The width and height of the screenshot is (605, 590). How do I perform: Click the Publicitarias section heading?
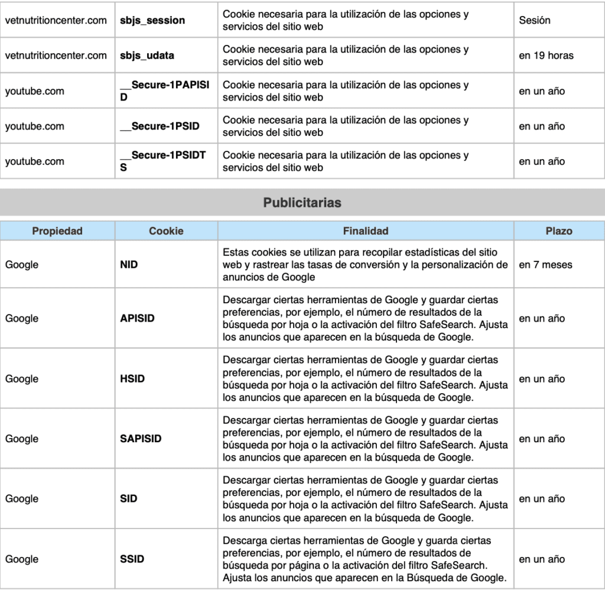pos(302,203)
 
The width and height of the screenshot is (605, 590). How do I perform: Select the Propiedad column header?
pos(57,231)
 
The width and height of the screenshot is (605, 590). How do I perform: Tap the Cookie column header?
pos(166,231)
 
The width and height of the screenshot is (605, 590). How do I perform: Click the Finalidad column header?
pos(365,231)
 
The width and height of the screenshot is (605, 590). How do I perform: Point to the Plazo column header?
pos(558,231)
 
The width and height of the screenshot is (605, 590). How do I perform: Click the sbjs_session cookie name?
pos(152,20)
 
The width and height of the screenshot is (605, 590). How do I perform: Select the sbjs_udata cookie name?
pos(147,56)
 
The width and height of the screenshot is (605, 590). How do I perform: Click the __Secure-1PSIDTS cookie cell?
pos(162,161)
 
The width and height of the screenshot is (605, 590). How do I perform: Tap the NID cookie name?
pos(129,265)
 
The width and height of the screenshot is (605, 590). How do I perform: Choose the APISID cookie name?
pos(137,319)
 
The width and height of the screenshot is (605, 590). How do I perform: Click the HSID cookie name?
pos(132,379)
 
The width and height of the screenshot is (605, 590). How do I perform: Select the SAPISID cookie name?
pos(141,439)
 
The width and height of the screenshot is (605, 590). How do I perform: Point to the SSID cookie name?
pos(132,559)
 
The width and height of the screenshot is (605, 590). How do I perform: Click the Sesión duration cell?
pos(535,20)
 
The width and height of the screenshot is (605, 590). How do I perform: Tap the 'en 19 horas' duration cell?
pos(546,56)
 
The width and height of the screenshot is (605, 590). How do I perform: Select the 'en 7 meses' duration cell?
pos(545,265)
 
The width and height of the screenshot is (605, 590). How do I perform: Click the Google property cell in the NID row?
pos(22,265)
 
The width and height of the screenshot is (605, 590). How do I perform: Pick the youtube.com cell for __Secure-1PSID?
pos(35,127)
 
